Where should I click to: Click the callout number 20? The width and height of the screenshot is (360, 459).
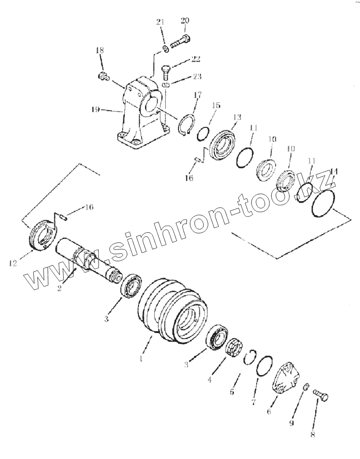pos(185,21)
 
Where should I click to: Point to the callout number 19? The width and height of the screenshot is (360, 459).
pos(95,110)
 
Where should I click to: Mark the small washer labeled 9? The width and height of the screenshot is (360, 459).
pos(305,386)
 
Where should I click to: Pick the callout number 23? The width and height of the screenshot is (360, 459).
pos(196,76)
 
